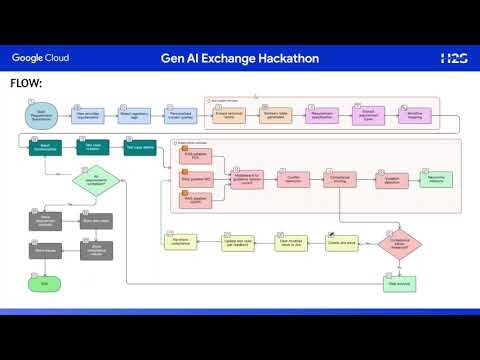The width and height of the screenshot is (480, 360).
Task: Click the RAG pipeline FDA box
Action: click(195, 158)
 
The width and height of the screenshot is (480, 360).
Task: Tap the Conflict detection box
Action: click(294, 181)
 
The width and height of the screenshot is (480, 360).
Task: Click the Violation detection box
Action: click(388, 181)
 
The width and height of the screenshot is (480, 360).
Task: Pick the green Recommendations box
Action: click(437, 181)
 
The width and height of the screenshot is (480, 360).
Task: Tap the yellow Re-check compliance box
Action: click(181, 242)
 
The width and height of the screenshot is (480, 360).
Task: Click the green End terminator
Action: click(44, 284)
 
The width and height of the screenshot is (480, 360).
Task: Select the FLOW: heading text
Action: click(25, 83)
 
